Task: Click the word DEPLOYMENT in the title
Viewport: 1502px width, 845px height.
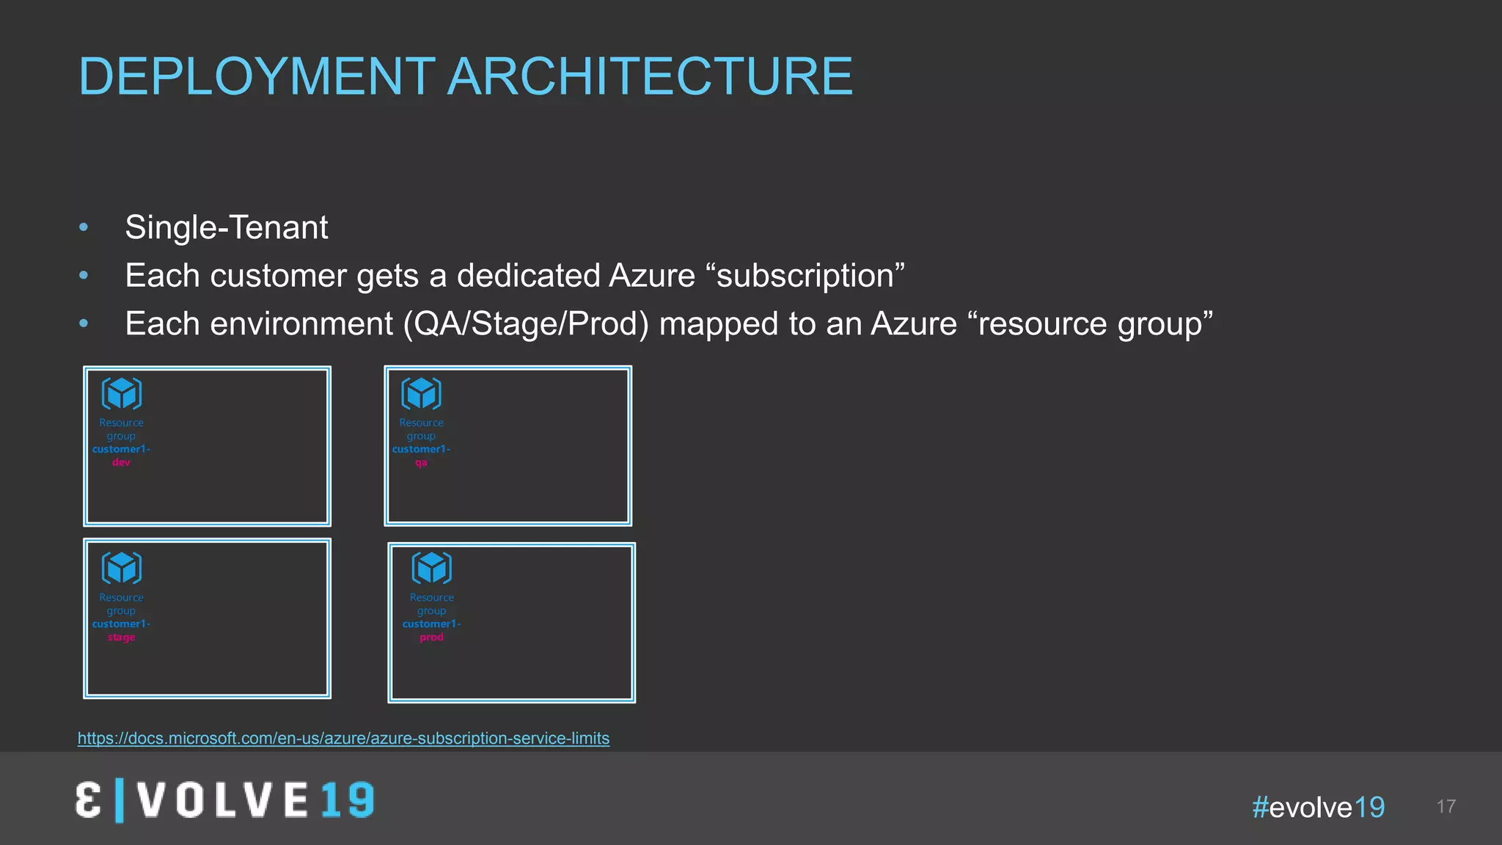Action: (257, 76)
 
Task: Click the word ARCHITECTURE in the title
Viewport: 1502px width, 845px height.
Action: (650, 76)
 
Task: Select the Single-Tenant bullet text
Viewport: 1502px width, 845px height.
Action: (226, 227)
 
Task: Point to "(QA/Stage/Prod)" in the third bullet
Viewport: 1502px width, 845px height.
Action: (526, 324)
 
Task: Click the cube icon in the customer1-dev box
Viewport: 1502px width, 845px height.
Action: (122, 394)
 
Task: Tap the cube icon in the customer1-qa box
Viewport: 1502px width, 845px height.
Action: (422, 394)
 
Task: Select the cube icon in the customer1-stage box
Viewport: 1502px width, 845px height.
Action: (122, 568)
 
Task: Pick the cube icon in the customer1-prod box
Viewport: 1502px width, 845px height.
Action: (432, 568)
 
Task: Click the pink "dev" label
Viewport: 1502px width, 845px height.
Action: (121, 463)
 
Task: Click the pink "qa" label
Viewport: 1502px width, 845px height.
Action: (421, 463)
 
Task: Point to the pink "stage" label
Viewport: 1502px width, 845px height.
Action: (121, 637)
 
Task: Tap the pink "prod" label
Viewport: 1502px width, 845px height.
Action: (431, 637)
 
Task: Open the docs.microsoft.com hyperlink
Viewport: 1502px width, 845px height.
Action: (343, 739)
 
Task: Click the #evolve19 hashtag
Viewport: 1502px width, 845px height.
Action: (1318, 808)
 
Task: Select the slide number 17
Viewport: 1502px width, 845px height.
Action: (1446, 807)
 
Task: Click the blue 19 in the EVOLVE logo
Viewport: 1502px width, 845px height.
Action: (348, 800)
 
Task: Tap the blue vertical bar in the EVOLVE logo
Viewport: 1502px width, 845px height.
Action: (120, 801)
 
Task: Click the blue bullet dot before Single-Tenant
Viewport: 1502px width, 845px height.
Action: (84, 227)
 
